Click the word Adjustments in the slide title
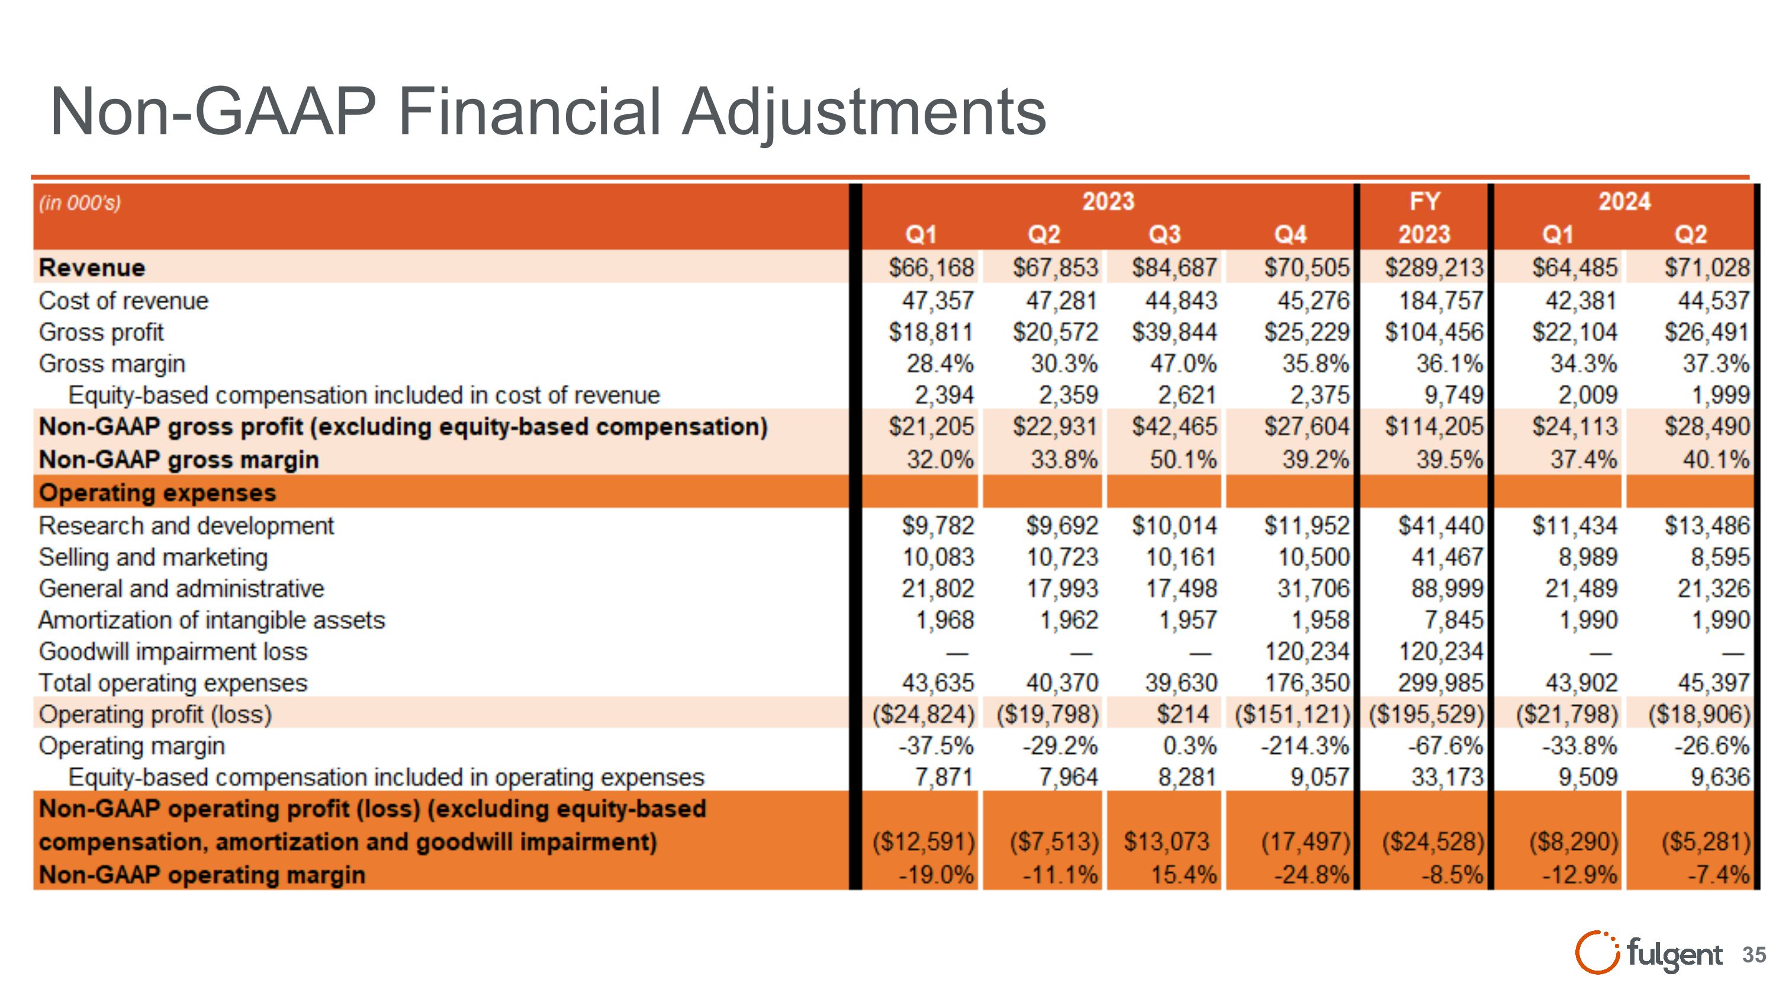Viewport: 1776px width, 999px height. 864,113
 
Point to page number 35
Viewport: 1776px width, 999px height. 1754,955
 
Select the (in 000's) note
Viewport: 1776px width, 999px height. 80,203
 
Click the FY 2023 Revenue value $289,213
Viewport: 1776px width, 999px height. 1433,268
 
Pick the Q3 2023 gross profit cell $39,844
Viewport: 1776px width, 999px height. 1174,332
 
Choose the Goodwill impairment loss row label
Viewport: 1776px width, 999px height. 173,651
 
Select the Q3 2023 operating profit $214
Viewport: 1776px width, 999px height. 1182,714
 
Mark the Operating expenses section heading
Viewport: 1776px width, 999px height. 157,493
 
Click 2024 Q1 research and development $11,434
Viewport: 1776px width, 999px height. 1574,526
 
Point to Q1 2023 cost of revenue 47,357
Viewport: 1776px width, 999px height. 938,301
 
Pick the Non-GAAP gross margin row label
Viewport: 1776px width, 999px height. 179,460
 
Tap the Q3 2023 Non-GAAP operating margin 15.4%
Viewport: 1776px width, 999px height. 1183,875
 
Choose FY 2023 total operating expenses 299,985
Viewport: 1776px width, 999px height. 1440,683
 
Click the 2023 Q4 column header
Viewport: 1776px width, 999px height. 1290,235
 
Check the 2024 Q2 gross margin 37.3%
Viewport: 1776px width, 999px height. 1716,364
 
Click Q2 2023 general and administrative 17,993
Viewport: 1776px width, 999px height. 1061,589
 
